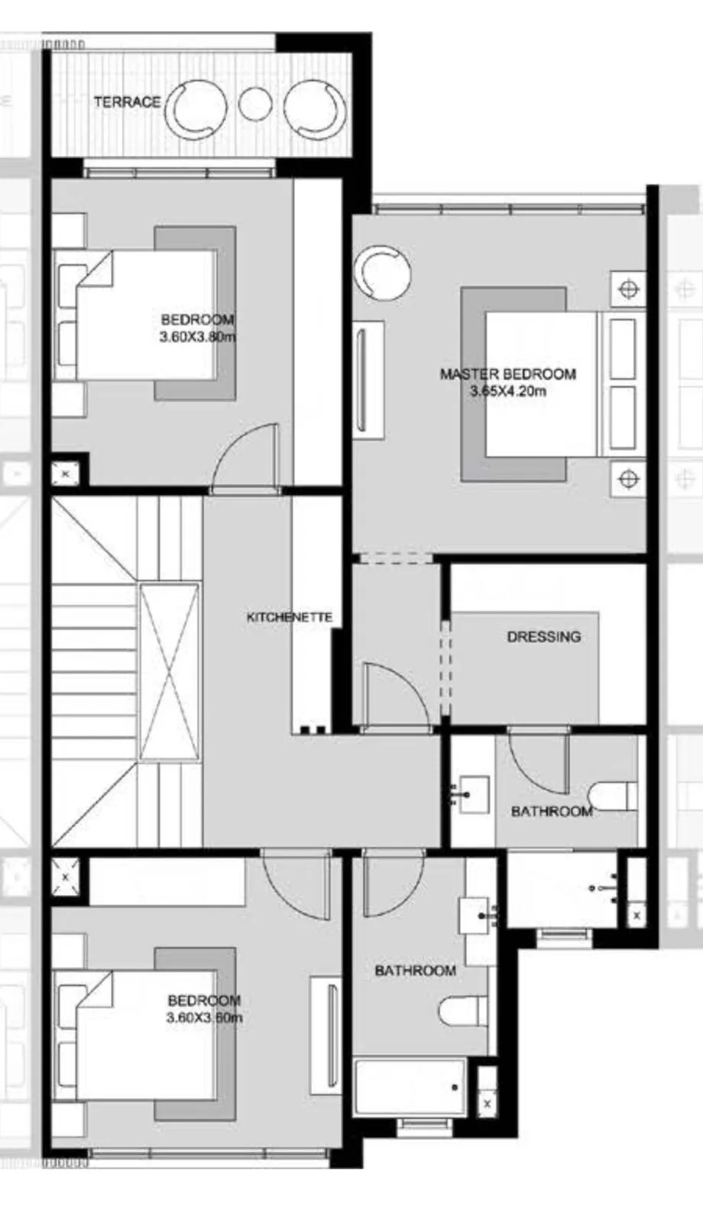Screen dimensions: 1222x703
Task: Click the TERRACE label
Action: (127, 102)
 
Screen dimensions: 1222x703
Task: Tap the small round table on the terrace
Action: (254, 105)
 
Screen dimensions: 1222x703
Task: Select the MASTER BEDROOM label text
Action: (507, 374)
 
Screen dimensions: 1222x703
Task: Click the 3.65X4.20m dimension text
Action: (508, 392)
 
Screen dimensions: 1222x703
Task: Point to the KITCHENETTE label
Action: (290, 617)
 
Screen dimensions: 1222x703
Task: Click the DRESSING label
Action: (543, 636)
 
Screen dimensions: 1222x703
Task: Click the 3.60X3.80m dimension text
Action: (197, 337)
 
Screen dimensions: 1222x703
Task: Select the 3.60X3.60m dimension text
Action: (204, 1018)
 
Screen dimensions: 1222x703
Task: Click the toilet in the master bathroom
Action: (614, 795)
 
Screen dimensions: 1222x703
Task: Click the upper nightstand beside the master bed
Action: (628, 289)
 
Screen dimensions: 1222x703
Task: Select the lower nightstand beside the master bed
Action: (628, 479)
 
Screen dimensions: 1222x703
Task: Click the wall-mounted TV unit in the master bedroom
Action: (368, 380)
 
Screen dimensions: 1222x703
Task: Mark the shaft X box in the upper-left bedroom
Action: (65, 474)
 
